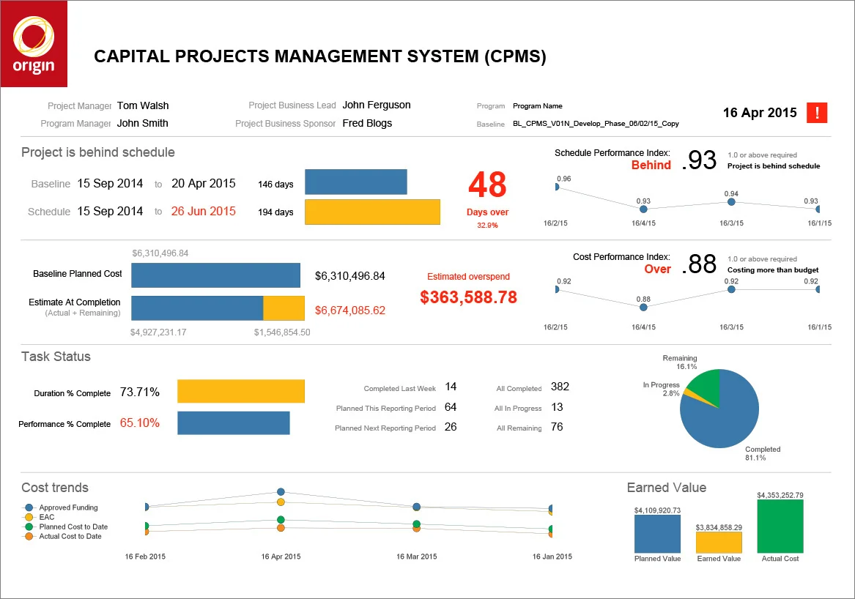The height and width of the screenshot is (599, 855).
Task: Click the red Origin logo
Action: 34,44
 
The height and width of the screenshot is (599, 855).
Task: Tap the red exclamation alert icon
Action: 816,113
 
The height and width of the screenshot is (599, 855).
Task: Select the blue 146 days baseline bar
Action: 355,182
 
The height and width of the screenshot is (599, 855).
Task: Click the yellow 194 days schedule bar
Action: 372,212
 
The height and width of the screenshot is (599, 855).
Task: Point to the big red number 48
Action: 487,185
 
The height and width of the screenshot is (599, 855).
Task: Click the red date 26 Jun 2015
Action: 204,212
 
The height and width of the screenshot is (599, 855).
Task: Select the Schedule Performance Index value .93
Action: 699,160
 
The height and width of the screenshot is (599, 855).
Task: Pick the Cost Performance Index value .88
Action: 699,264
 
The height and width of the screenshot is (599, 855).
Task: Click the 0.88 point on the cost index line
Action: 643,308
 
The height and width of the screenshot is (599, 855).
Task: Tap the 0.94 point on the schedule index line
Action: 731,201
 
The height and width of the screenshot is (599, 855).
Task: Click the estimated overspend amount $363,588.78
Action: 468,297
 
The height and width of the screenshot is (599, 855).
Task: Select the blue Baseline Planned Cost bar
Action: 216,275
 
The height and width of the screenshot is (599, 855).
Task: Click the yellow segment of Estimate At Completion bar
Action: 284,308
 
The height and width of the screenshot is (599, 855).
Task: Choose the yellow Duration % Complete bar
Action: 241,391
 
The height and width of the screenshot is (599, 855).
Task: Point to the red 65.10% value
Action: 140,423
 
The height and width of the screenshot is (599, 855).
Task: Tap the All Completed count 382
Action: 560,387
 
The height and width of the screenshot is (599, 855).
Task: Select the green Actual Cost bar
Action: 780,526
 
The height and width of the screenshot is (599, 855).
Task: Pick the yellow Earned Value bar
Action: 719,543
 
